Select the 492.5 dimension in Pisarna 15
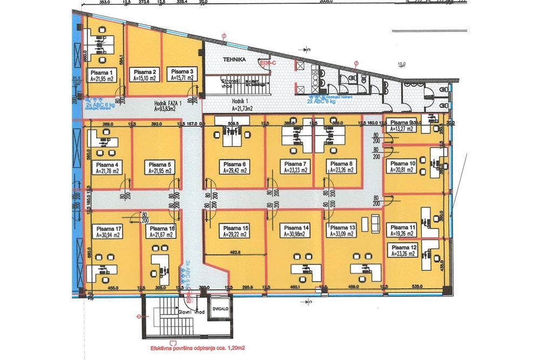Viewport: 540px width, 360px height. click(x=233, y=252)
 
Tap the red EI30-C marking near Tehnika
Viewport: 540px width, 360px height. click(x=267, y=63)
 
